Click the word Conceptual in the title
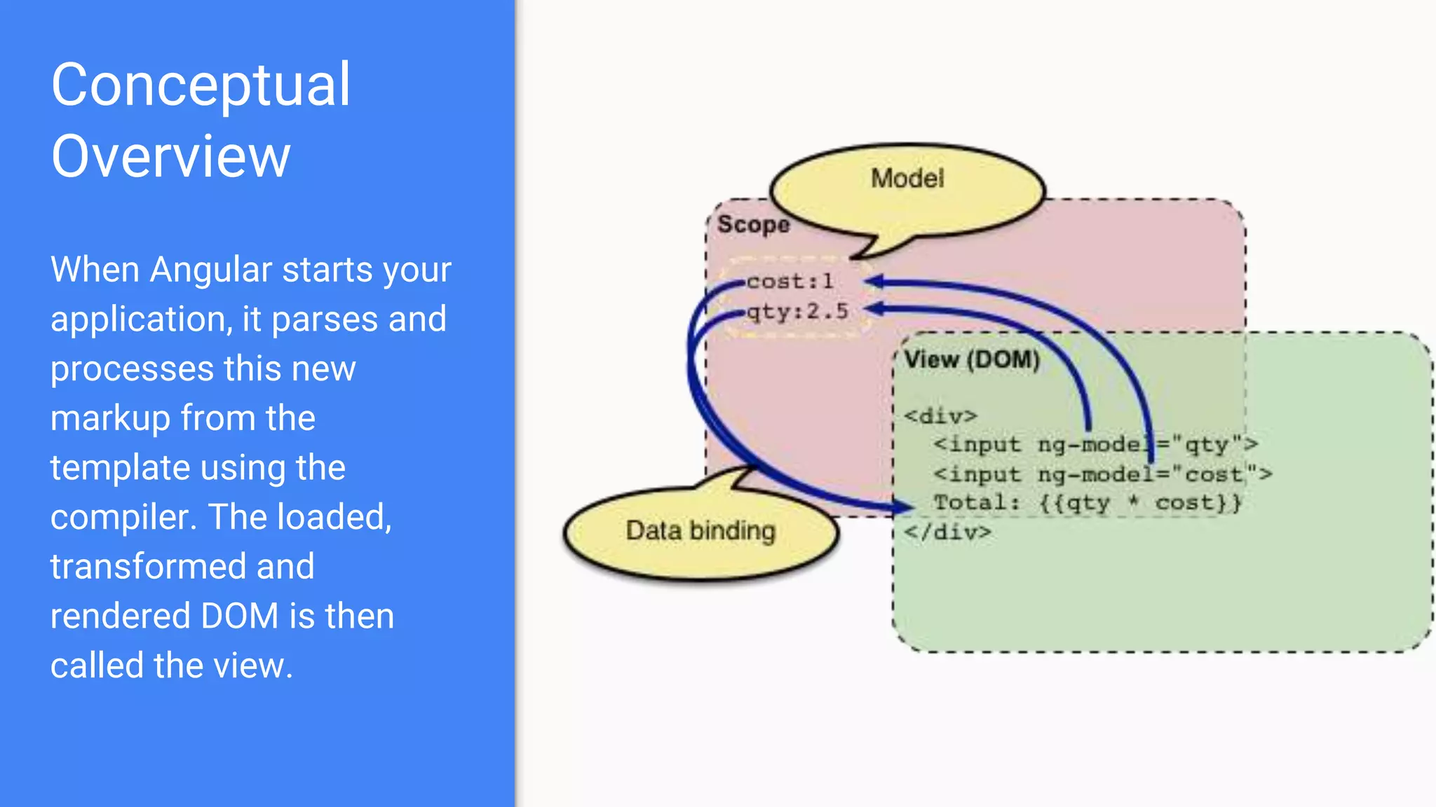tap(201, 85)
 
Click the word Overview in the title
tap(170, 157)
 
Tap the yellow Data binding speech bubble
tap(700, 532)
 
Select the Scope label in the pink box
tap(753, 225)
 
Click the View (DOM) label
tap(971, 360)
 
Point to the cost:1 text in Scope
tap(790, 282)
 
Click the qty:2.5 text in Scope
tap(797, 311)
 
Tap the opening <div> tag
tap(940, 416)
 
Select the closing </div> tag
tap(947, 532)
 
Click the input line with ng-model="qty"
tap(1095, 445)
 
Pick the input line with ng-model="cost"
tap(1102, 474)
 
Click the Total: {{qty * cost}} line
tap(1087, 503)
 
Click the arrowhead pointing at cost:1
tap(873, 282)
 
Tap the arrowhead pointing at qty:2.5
tap(873, 309)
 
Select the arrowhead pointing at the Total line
tap(904, 506)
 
